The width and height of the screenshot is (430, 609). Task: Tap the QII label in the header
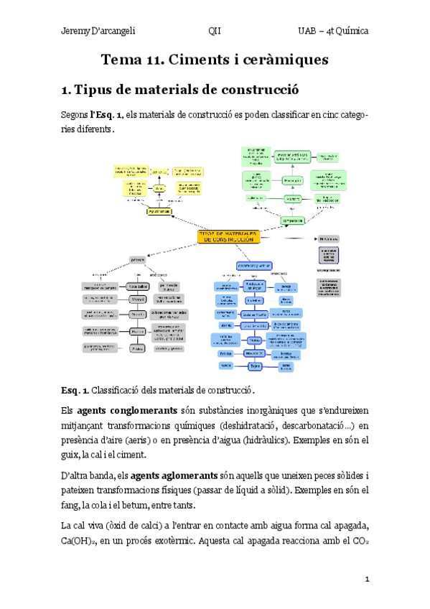(215, 32)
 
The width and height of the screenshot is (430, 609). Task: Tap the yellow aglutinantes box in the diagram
(159, 212)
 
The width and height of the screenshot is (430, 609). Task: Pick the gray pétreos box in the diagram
(138, 259)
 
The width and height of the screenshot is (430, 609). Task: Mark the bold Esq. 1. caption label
(75, 390)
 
